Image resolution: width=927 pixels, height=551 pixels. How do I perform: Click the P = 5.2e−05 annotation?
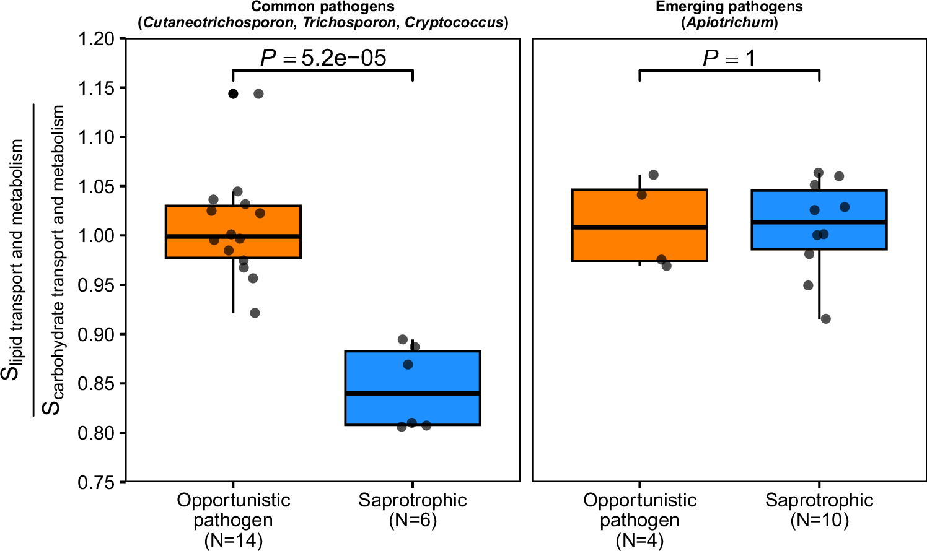pyautogui.click(x=323, y=58)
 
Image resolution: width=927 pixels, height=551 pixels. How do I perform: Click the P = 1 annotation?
pyautogui.click(x=729, y=59)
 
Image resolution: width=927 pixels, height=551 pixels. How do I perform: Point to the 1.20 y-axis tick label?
pyautogui.click(x=97, y=39)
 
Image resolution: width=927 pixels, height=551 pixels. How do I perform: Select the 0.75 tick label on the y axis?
pyautogui.click(x=97, y=482)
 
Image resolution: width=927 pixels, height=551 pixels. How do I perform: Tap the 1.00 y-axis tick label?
pyautogui.click(x=97, y=236)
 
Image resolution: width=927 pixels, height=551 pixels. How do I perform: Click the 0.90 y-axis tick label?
pyautogui.click(x=97, y=334)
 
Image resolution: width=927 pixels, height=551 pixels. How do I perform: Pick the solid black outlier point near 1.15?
pyautogui.click(x=233, y=94)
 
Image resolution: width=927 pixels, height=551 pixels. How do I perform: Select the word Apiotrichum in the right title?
pyautogui.click(x=729, y=23)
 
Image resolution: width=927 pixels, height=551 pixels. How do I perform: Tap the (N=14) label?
pyautogui.click(x=234, y=540)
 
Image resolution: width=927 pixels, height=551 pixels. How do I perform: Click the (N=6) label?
pyautogui.click(x=413, y=520)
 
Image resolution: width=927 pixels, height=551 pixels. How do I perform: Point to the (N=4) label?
pyautogui.click(x=640, y=540)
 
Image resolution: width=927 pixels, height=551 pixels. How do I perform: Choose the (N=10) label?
pyautogui.click(x=819, y=520)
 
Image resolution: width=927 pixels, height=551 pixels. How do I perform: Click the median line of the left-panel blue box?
pyautogui.click(x=413, y=394)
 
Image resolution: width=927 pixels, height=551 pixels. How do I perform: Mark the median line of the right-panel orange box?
pyautogui.click(x=640, y=227)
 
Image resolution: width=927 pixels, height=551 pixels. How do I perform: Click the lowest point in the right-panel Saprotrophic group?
pyautogui.click(x=825, y=319)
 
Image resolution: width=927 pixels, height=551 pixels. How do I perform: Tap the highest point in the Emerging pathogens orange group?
pyautogui.click(x=653, y=175)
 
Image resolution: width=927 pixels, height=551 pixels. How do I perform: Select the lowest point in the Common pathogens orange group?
pyautogui.click(x=255, y=313)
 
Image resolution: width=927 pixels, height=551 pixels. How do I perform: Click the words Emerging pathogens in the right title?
pyautogui.click(x=729, y=7)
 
